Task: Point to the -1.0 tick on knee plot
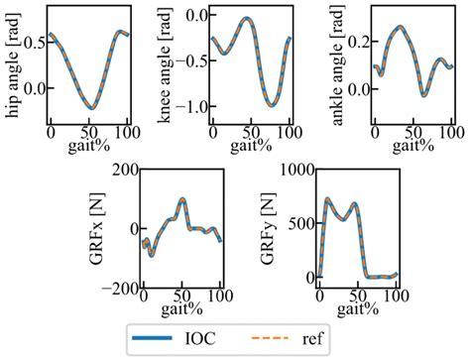(x=185, y=106)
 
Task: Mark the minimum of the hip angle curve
(x=90, y=107)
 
